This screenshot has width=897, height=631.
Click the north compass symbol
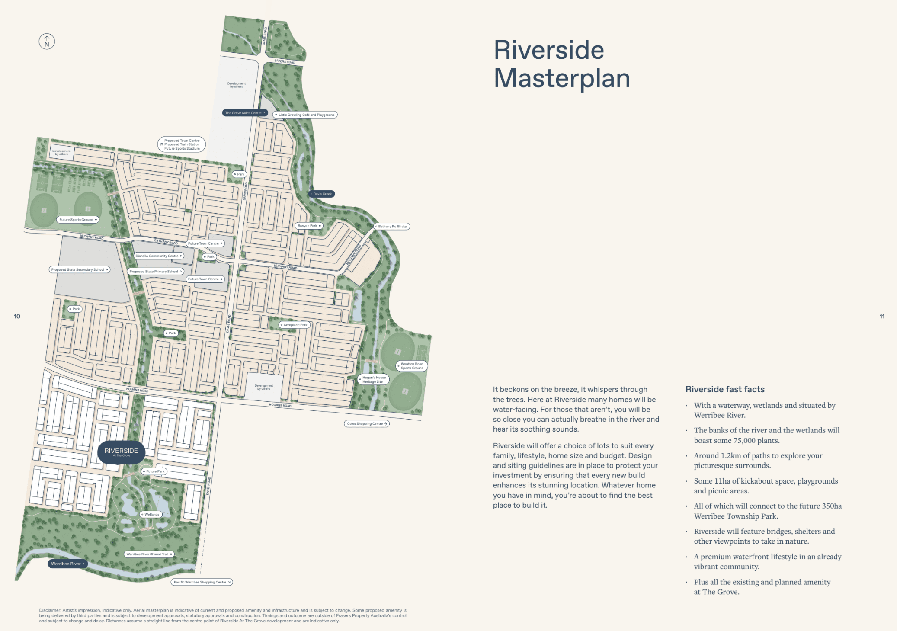47,42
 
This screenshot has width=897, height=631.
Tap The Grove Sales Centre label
245,113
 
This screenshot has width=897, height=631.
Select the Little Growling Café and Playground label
305,115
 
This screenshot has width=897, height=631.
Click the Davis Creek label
321,194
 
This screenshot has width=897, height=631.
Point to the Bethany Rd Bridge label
392,226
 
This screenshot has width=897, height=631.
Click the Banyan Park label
309,226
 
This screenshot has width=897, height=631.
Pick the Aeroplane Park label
295,325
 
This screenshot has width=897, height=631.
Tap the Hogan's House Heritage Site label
373,380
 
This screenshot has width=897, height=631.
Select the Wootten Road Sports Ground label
411,366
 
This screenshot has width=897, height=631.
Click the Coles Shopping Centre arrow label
367,424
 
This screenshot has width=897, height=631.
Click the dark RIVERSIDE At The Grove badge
121,452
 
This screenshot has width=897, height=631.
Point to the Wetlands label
151,514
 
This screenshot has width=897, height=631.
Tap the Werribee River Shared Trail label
149,554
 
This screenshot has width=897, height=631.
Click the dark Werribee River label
67,564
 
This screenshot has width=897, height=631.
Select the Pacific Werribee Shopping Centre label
202,582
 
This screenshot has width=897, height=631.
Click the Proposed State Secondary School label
79,269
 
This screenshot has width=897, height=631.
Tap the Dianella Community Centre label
158,256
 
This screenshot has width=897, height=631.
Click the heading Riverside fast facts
725,389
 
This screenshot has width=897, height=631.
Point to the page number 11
882,317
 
